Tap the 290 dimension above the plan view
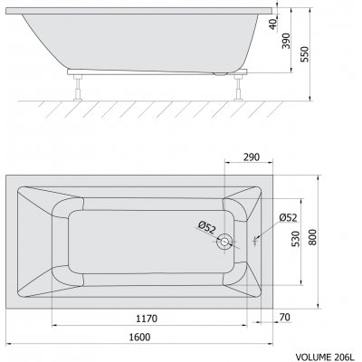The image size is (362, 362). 252,157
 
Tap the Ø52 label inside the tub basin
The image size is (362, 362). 209,227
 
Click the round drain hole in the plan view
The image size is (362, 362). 224,241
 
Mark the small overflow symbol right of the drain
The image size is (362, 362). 256,241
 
